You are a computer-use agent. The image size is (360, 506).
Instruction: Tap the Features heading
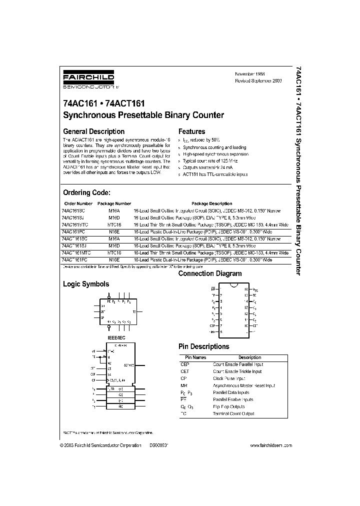191,131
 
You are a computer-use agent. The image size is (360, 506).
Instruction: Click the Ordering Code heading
86,192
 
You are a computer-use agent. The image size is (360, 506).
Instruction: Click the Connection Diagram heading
210,273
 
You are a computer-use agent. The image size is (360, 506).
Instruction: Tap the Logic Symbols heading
85,284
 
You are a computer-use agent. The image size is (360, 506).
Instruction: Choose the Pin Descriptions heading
204,346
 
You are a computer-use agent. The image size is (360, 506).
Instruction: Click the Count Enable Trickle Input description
237,371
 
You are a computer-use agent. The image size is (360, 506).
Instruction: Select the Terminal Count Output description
233,413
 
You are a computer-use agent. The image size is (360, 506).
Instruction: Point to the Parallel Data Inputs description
231,392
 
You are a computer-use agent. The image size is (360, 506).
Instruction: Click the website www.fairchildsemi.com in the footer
270,445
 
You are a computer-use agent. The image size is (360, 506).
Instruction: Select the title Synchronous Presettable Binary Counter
143,115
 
